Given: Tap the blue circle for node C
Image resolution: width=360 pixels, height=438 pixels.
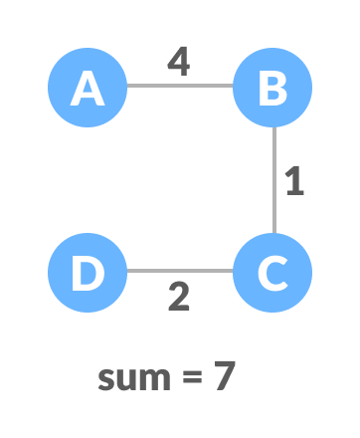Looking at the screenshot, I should click(x=272, y=272).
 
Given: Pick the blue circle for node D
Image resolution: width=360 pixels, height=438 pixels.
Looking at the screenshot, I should click(x=88, y=272).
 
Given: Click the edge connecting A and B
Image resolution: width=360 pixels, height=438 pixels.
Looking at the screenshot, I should click(x=180, y=86).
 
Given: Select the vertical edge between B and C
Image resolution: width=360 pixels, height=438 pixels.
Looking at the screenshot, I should click(x=273, y=179).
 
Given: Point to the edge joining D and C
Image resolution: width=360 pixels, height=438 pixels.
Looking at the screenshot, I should click(x=180, y=271).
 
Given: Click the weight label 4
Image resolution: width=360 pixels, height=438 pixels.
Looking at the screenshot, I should click(x=178, y=62).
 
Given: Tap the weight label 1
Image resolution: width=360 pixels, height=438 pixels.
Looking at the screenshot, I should click(x=294, y=181).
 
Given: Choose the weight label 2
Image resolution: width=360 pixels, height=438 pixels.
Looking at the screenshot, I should click(x=179, y=297).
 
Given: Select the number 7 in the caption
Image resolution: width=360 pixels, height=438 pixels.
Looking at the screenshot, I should click(x=224, y=377).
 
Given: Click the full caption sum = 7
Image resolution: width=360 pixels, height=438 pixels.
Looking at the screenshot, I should click(x=167, y=377).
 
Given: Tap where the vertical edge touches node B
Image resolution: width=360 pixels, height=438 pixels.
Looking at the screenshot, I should click(x=273, y=127).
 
